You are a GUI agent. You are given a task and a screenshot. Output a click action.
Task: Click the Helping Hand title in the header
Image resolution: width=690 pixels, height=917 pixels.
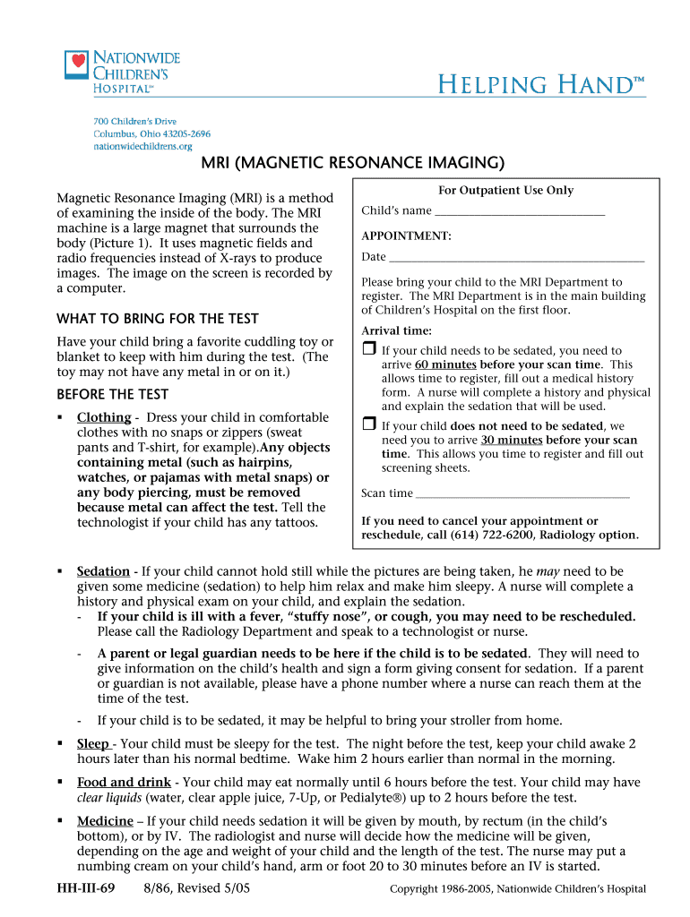(x=540, y=86)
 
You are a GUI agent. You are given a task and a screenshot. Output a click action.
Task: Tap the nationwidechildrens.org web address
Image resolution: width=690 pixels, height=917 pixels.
(x=143, y=146)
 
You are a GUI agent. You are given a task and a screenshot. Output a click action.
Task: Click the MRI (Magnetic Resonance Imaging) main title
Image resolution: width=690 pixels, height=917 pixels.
(x=352, y=163)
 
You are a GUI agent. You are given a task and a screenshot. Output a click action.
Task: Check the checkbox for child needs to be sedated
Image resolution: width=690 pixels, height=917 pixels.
(x=368, y=349)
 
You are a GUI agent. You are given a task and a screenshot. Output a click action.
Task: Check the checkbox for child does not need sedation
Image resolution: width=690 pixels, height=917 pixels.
(x=368, y=424)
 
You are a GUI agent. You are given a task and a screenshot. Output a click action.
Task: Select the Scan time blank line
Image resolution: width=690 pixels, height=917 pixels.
(x=523, y=494)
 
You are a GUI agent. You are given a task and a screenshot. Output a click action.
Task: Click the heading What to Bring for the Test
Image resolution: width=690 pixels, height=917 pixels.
(x=158, y=319)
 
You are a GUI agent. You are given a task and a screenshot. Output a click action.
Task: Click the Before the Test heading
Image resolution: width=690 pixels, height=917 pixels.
(x=113, y=395)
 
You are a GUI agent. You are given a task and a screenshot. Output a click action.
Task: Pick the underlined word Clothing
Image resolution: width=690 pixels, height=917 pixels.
(x=104, y=417)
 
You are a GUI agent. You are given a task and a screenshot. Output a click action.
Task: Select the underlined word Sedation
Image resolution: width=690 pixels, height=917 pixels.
(x=103, y=571)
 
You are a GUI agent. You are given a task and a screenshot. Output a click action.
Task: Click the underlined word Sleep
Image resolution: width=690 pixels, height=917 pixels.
(x=93, y=744)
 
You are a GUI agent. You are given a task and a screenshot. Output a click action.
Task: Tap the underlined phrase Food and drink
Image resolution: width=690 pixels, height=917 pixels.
(x=124, y=783)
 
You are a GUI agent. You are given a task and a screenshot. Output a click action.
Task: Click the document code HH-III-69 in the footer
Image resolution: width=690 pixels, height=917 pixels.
(x=86, y=888)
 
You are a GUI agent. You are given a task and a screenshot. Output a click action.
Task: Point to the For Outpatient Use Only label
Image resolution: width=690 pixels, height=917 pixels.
(x=505, y=191)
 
